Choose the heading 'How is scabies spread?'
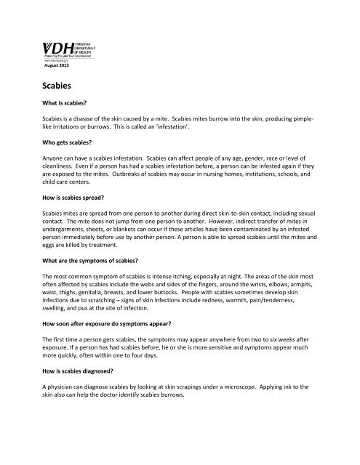[71, 216]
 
